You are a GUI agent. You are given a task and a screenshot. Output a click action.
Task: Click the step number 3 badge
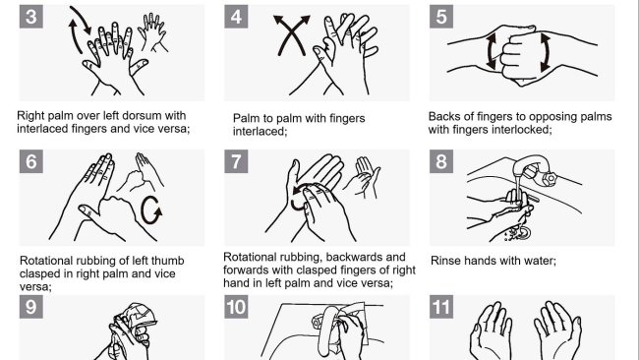pyautogui.click(x=31, y=17)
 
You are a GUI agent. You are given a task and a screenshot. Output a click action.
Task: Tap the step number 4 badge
pyautogui.click(x=236, y=17)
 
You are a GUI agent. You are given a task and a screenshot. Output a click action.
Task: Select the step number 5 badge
pyautogui.click(x=441, y=17)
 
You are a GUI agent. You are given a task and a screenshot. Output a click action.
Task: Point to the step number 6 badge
pyautogui.click(x=31, y=161)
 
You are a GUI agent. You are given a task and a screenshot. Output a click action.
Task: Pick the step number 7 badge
pyautogui.click(x=236, y=161)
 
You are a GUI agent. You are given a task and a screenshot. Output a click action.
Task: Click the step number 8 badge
pyautogui.click(x=441, y=161)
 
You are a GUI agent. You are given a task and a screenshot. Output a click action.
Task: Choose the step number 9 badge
pyautogui.click(x=31, y=307)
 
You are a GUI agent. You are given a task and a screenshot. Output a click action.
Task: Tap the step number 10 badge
pyautogui.click(x=236, y=307)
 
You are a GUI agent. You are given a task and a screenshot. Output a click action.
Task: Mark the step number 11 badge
pyautogui.click(x=441, y=307)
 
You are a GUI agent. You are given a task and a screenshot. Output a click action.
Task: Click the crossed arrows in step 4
pyautogui.click(x=291, y=35)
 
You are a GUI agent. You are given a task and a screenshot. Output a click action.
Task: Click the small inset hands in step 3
pyautogui.click(x=152, y=32)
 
